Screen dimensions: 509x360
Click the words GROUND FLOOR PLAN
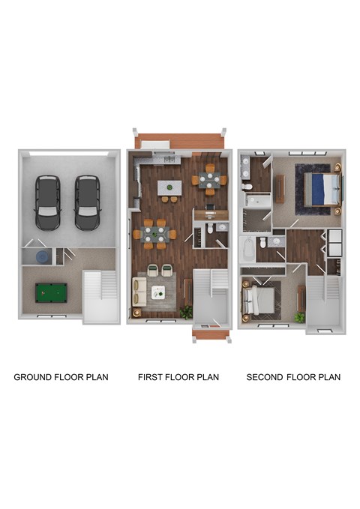(61, 377)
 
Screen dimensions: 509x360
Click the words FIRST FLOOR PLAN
(178, 377)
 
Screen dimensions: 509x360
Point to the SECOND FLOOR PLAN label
(293, 377)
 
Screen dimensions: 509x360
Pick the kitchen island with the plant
(171, 187)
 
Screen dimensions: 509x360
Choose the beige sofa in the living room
(139, 291)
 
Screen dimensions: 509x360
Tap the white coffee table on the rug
(158, 291)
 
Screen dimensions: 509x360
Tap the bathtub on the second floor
(247, 248)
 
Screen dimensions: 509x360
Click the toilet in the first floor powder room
(211, 228)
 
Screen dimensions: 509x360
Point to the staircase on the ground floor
(100, 296)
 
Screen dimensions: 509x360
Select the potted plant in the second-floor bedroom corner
(299, 317)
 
